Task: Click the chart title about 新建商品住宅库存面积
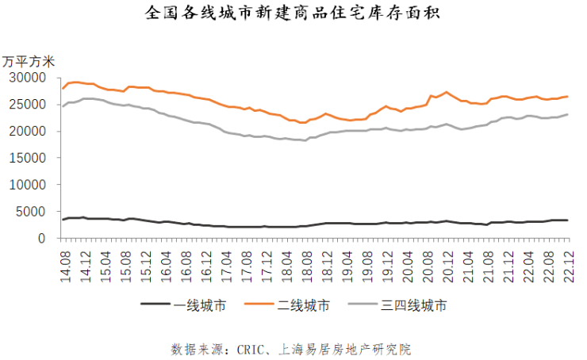click(x=293, y=14)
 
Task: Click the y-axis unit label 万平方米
click(x=29, y=61)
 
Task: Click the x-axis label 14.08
click(x=64, y=262)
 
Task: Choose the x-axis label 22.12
click(x=568, y=262)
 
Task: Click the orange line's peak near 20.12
click(x=447, y=92)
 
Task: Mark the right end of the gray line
click(x=568, y=114)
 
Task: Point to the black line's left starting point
click(x=63, y=220)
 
